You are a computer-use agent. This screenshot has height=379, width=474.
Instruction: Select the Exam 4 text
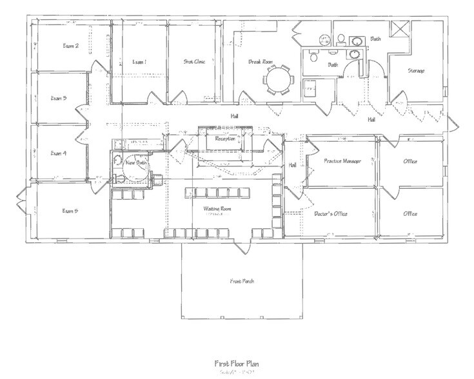tap(59, 153)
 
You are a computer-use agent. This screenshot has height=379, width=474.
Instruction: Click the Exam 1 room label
tap(139, 62)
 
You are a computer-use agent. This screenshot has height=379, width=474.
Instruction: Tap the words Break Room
tap(261, 62)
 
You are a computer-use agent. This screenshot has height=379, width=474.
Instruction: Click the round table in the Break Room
tap(279, 82)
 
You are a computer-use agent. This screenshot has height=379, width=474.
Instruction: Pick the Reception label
tap(225, 138)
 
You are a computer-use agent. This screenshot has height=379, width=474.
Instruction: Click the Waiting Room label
tap(217, 209)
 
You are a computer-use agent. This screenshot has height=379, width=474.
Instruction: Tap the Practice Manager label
tap(342, 160)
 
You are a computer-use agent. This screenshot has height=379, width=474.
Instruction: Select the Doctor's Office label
tap(331, 213)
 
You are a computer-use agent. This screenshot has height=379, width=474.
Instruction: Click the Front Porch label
tap(242, 281)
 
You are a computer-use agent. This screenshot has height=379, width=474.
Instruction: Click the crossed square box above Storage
tap(401, 30)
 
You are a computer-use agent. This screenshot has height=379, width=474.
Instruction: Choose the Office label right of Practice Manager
tap(410, 160)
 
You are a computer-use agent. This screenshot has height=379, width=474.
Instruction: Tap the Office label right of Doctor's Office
tap(410, 213)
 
